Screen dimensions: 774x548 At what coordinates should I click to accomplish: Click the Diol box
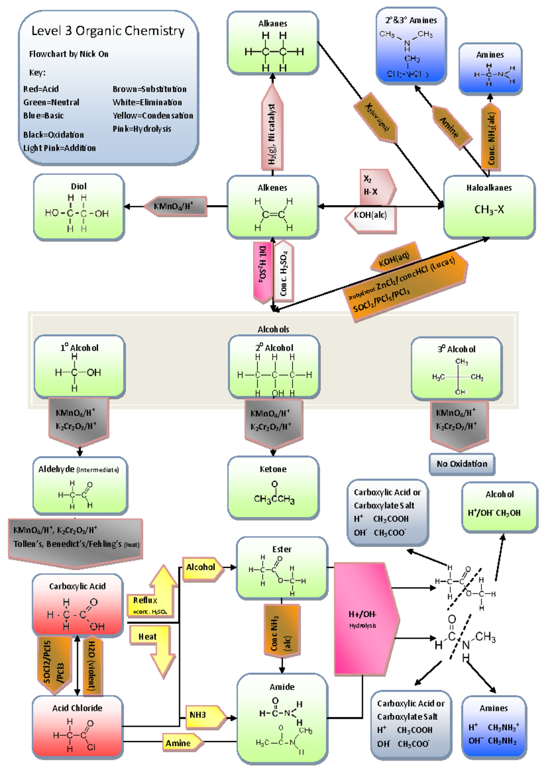click(79, 207)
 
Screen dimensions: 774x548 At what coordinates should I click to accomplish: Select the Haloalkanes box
click(489, 207)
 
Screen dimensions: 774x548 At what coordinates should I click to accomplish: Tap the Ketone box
click(273, 487)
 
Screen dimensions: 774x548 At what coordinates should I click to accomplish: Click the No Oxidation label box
click(462, 464)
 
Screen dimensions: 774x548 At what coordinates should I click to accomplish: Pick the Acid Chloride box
click(77, 727)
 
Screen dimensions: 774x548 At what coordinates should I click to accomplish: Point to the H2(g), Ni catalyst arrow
click(272, 132)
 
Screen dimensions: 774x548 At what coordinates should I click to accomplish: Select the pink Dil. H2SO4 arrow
click(263, 272)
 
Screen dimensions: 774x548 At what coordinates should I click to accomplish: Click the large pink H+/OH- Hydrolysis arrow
click(365, 619)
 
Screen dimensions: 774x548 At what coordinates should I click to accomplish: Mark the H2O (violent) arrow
click(92, 665)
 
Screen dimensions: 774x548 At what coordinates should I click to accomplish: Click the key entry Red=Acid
click(41, 89)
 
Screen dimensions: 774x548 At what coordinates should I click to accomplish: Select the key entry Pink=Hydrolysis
click(142, 129)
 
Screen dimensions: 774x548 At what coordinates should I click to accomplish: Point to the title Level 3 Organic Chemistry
click(108, 31)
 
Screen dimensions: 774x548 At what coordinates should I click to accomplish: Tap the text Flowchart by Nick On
click(68, 54)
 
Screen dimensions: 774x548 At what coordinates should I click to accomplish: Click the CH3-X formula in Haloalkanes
click(489, 210)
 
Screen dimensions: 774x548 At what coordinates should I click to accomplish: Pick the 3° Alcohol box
click(456, 368)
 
